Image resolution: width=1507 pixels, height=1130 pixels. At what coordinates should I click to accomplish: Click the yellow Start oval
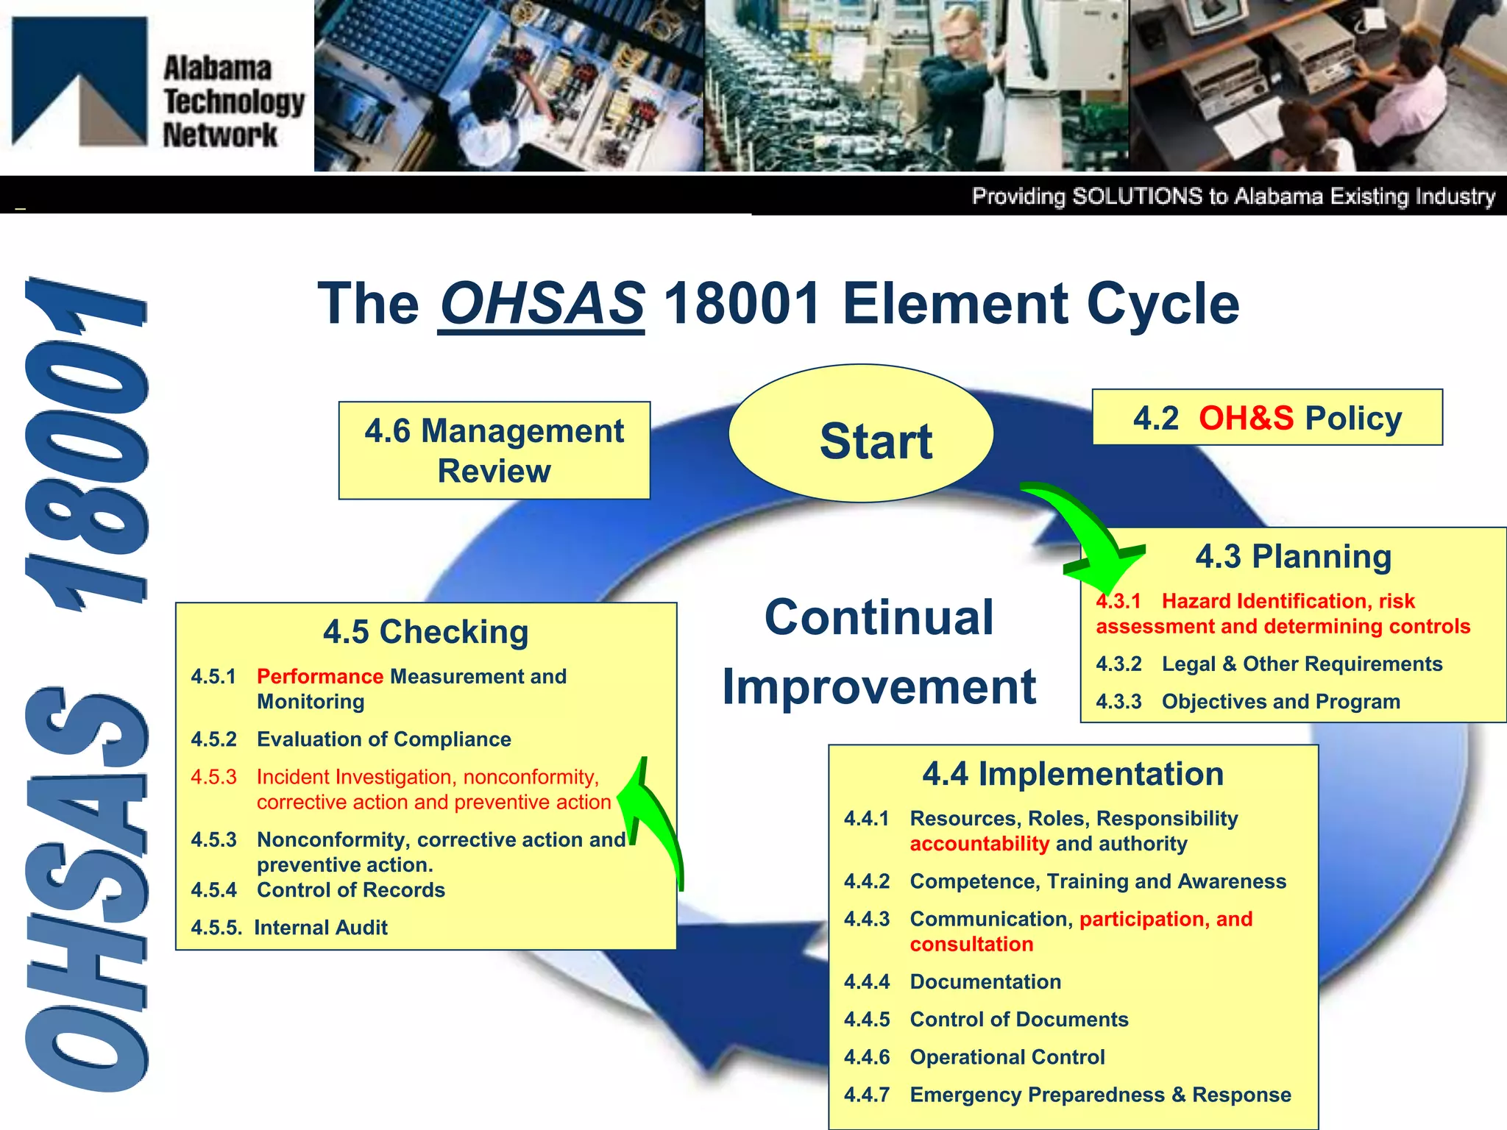tap(861, 434)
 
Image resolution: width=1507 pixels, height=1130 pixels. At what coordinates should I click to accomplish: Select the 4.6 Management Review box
tap(494, 450)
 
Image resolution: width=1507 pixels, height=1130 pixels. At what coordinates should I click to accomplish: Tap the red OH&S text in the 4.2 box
tap(1246, 418)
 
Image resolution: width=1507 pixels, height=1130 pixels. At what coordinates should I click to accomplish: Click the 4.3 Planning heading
tap(1293, 556)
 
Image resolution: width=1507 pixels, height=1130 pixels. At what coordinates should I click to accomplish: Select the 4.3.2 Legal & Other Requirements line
tap(1269, 664)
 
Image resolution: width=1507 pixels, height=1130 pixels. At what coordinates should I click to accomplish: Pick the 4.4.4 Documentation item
tap(953, 981)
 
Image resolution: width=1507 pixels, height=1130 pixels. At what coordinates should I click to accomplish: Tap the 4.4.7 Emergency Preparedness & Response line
tap(1067, 1094)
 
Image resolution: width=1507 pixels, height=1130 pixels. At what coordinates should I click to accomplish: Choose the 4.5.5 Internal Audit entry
tap(289, 927)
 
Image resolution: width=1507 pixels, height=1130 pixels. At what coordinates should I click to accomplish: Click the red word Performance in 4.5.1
tap(320, 676)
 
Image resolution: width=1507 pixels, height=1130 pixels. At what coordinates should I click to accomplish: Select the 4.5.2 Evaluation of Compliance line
tap(351, 739)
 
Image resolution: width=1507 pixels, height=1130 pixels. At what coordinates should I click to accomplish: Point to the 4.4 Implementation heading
tap(1073, 774)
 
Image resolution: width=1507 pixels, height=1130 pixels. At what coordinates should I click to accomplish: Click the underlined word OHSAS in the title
tap(542, 304)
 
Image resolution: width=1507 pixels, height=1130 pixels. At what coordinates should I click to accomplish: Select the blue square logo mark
tap(79, 81)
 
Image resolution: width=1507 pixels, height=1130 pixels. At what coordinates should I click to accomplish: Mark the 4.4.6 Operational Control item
tap(975, 1056)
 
